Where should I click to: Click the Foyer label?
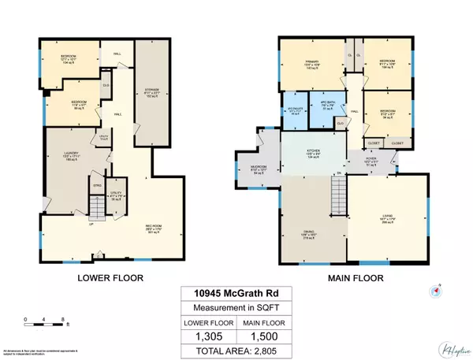(371, 163)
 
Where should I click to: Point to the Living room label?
(387, 221)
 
